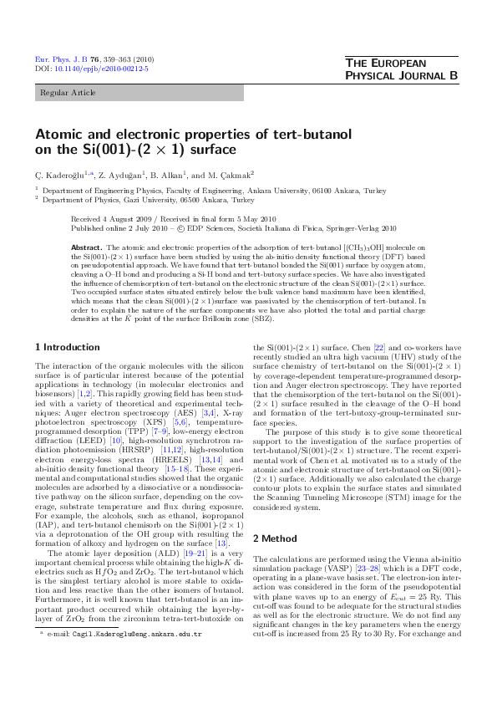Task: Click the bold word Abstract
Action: tap(86, 248)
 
